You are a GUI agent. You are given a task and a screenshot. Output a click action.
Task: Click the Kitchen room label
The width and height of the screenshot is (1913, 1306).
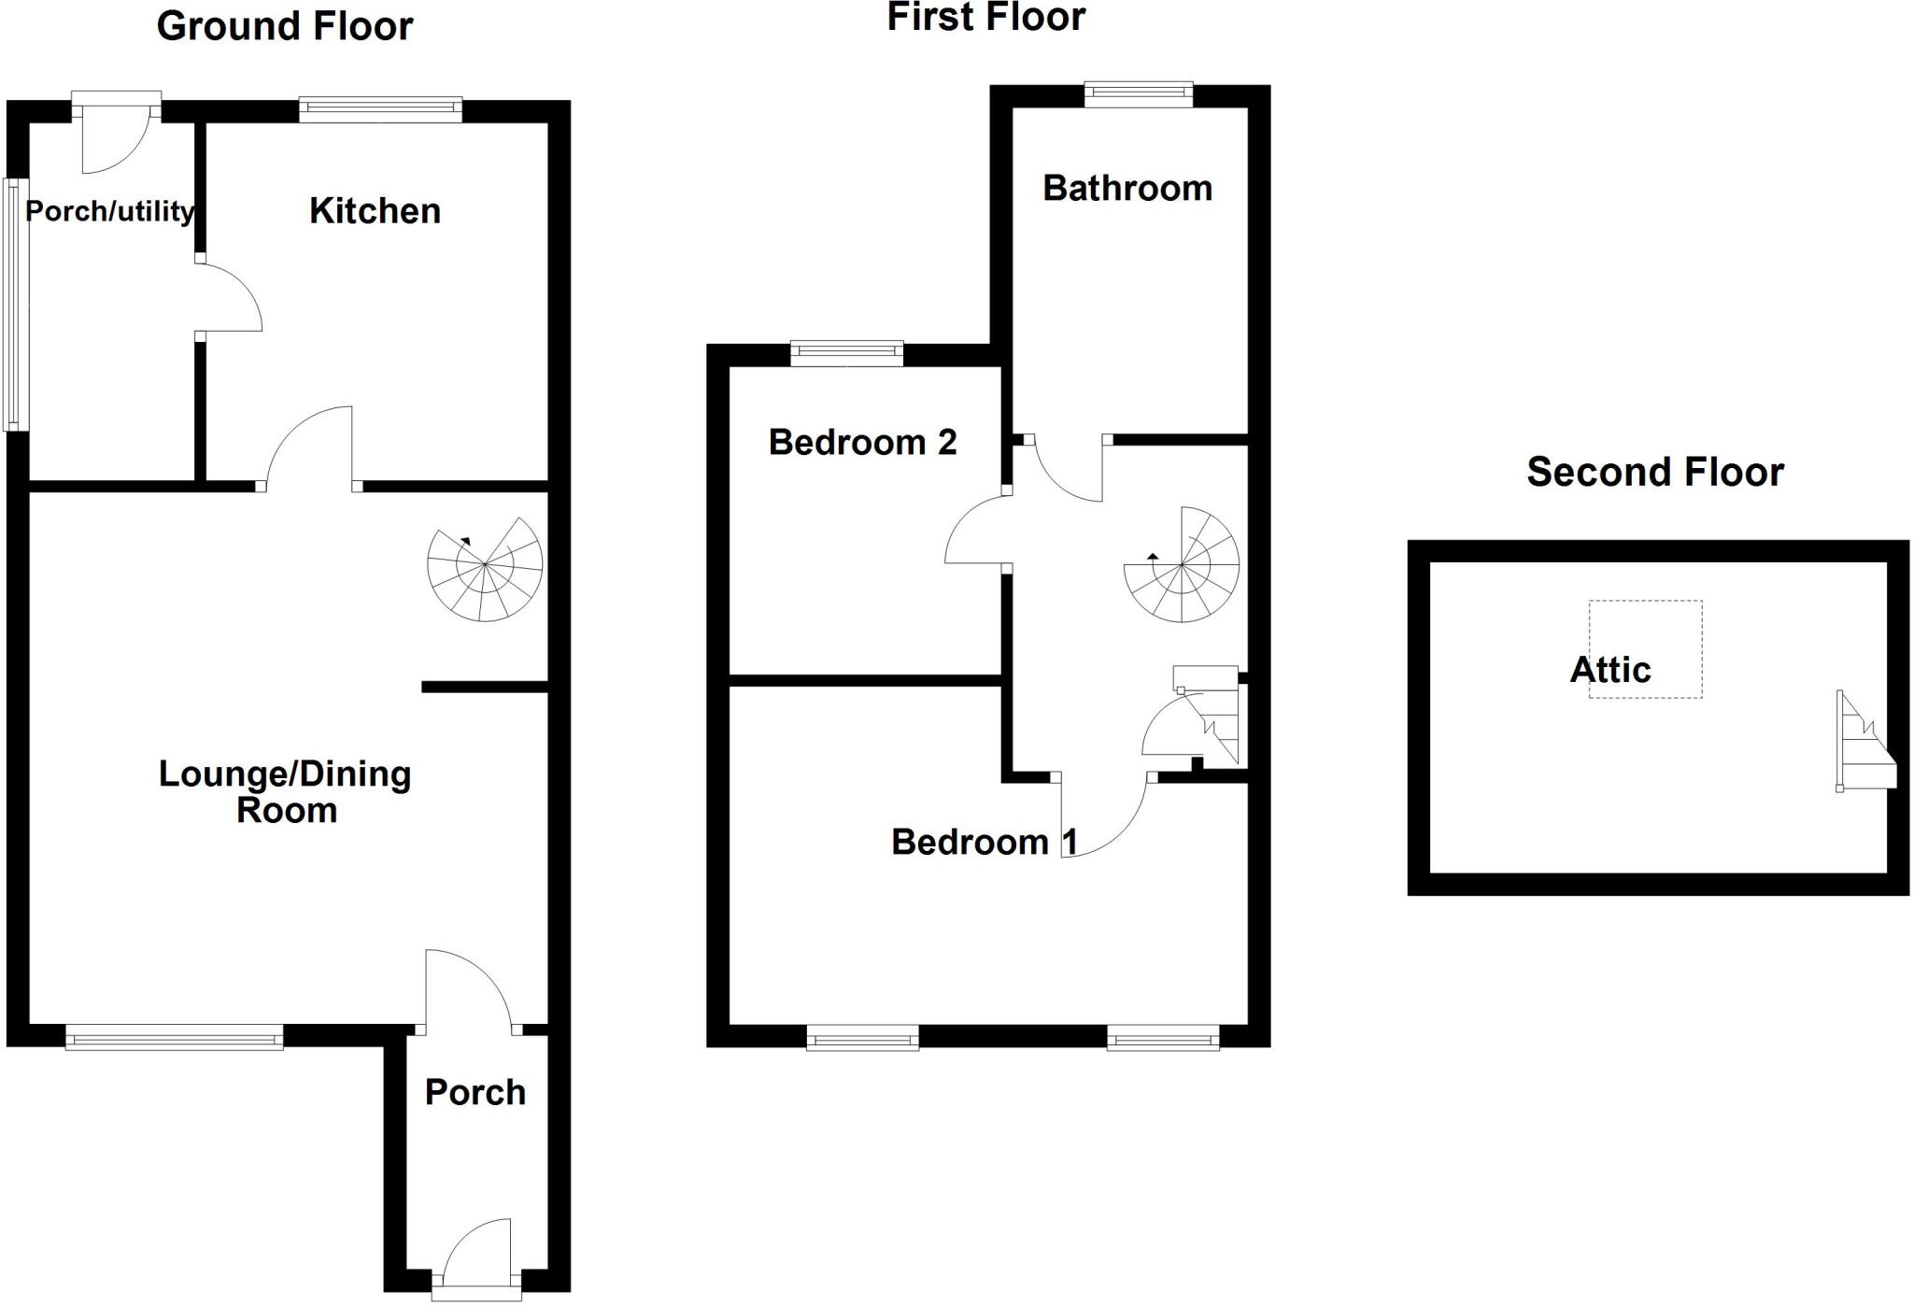tap(375, 211)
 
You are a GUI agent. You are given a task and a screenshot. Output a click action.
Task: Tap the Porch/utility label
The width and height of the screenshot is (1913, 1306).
tap(110, 211)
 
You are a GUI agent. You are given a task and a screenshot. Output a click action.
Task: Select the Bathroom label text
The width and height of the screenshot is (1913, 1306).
tap(1127, 189)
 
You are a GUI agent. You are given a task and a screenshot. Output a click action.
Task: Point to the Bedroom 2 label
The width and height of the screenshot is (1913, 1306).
tap(862, 442)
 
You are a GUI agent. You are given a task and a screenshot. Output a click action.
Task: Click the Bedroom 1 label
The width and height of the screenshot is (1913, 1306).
tap(985, 842)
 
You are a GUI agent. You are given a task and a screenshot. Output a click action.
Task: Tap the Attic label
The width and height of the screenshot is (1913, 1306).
tap(1610, 670)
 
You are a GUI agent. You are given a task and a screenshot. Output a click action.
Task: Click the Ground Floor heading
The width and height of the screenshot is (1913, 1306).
tap(285, 26)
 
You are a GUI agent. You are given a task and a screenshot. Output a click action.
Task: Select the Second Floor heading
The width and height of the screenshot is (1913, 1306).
tap(1655, 472)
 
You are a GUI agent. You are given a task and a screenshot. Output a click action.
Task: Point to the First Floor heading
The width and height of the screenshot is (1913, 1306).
tap(985, 17)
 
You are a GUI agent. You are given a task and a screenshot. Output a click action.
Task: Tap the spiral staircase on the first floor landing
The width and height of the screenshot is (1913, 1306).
tap(1182, 565)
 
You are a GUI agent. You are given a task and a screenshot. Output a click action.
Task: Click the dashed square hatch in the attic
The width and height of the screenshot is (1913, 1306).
tap(1646, 648)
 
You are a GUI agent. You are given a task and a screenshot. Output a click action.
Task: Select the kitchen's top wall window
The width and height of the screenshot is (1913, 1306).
tap(380, 110)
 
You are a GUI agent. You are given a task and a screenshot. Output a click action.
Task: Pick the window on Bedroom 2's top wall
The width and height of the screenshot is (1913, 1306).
tap(847, 353)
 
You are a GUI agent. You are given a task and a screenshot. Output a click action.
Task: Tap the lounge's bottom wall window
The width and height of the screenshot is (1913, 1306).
tap(174, 1037)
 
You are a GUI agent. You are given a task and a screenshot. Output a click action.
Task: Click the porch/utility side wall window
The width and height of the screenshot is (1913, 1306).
tap(14, 304)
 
